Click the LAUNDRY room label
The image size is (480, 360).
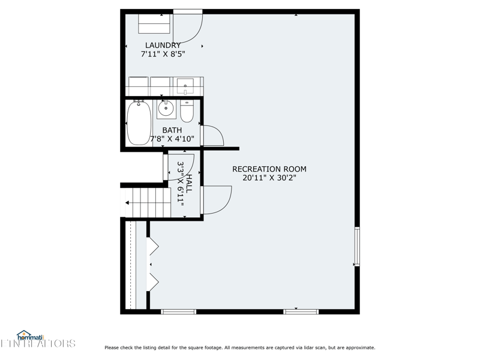163,46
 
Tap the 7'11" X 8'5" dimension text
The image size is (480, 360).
163,54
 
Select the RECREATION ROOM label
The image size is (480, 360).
269,169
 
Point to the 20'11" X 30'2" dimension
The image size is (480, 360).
269,178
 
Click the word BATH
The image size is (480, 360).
172,130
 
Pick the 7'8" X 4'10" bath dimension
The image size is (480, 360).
172,139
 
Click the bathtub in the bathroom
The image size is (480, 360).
139,122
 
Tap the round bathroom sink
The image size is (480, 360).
166,108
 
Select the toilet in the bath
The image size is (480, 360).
187,111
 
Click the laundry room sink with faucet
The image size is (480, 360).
185,86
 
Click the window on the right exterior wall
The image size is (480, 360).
357,247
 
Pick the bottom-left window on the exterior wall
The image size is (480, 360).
178,311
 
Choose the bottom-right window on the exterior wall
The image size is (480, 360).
301,311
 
